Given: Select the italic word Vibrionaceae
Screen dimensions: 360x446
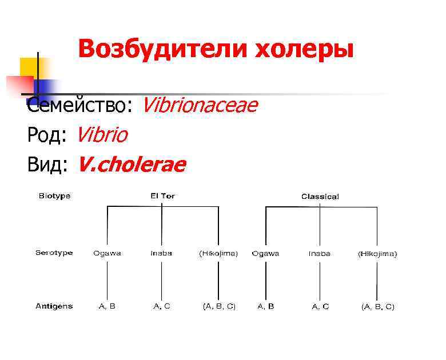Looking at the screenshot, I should (x=200, y=105).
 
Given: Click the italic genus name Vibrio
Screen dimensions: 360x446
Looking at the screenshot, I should (x=102, y=135).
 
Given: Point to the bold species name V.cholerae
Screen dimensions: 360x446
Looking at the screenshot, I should (x=132, y=165).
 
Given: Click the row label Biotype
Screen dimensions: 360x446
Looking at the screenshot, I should (x=54, y=196).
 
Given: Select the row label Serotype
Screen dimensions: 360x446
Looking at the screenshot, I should (x=54, y=253).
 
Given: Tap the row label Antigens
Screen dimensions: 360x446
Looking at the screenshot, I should (x=54, y=306).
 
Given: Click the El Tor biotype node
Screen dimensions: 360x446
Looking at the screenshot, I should (x=162, y=196).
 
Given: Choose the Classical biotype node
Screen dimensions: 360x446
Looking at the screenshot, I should (x=320, y=197).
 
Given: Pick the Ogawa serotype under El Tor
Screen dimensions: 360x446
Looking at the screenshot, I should (x=107, y=253).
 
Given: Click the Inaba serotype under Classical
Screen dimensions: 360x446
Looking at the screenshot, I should (x=320, y=253).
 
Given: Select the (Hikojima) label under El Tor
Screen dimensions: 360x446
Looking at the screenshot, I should (x=218, y=253).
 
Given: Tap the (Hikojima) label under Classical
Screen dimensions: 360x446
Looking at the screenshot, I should (x=377, y=253).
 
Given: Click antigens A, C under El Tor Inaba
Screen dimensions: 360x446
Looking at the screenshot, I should (x=162, y=306).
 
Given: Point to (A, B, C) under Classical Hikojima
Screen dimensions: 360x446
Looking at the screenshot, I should (x=377, y=307).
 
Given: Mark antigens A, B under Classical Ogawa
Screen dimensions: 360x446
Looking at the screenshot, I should (x=265, y=306).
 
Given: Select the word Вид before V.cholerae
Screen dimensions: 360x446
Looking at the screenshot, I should (x=48, y=165).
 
